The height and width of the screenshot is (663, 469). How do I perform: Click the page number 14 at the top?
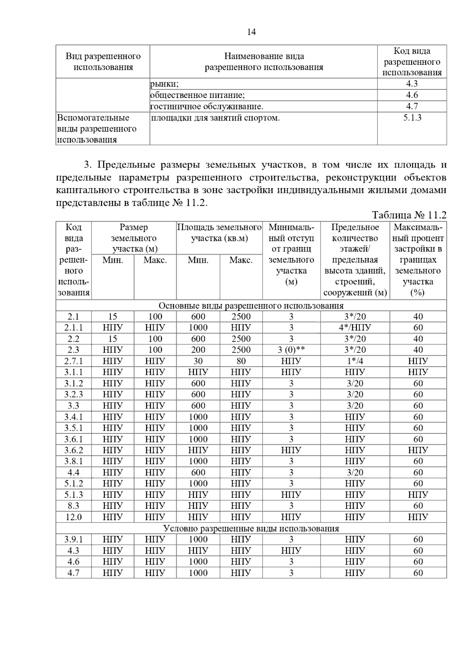251,32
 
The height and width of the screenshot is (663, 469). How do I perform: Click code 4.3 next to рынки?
412,84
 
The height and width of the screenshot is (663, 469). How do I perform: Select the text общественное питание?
197,95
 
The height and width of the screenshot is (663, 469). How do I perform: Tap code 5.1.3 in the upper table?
412,118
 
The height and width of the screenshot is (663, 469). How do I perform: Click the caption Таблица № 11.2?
409,215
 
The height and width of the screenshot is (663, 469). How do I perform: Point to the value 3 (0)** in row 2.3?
291,350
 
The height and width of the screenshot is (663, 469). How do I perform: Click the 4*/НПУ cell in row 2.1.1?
355,328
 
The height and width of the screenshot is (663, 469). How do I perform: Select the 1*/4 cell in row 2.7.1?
355,361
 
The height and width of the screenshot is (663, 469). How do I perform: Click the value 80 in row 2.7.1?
241,361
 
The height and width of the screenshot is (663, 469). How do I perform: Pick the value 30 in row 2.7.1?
198,361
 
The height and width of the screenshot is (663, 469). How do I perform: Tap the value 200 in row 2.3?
198,350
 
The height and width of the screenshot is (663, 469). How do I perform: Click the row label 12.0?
73,517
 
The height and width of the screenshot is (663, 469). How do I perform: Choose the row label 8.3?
73,506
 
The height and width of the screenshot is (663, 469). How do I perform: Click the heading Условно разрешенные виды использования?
251,529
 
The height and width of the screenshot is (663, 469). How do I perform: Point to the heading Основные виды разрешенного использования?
251,305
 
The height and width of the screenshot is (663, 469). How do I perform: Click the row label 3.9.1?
73,540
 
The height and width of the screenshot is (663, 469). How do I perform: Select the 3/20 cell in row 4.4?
355,472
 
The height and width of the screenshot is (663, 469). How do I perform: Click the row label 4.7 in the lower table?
73,573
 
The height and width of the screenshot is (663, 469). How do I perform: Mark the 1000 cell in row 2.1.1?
198,328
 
